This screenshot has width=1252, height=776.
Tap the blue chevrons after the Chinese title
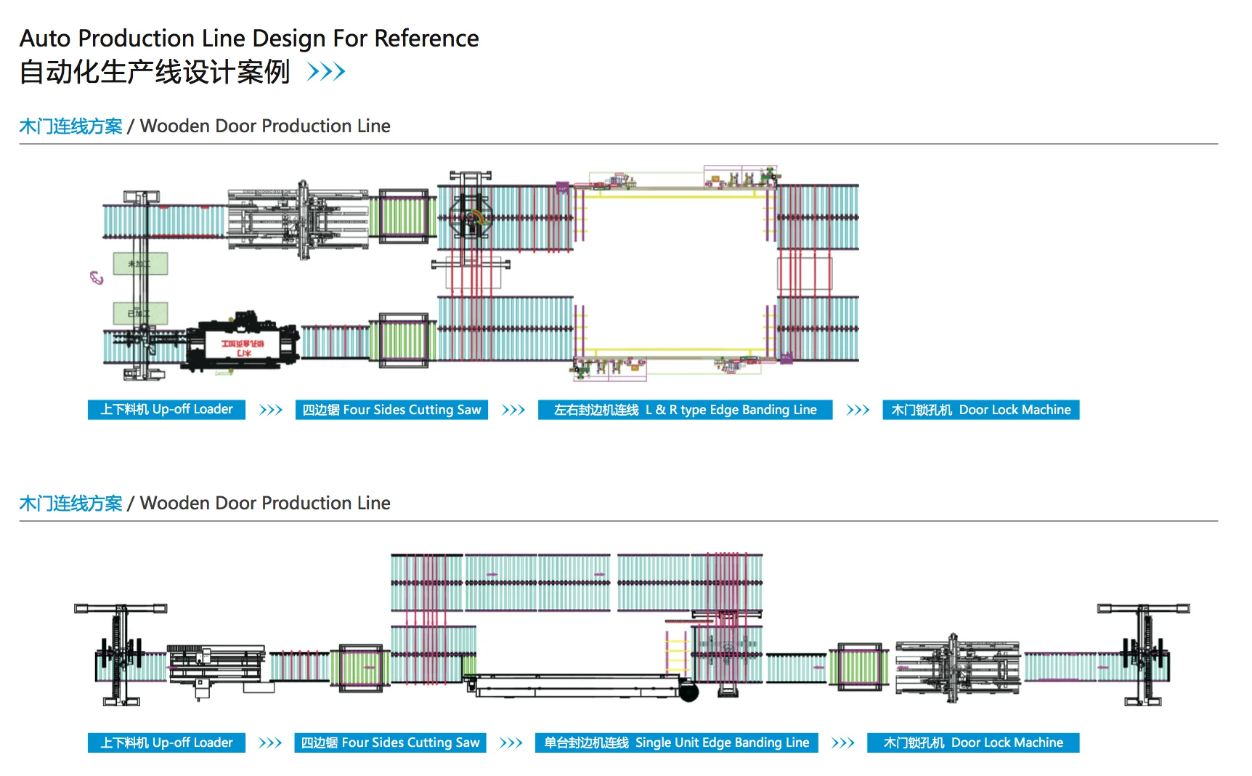coord(326,72)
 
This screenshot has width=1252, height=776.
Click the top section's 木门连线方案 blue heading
coord(70,126)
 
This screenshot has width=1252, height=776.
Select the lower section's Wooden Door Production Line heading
coord(265,503)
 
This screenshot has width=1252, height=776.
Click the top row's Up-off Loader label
coord(166,410)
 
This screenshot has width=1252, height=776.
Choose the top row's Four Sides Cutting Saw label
coord(391,410)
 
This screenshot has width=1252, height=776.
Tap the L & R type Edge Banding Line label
coord(685,410)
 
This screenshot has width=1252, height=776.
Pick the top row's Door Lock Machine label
coord(980,410)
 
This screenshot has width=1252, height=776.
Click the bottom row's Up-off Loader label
coord(166,743)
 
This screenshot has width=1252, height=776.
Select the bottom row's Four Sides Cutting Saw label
coord(390,743)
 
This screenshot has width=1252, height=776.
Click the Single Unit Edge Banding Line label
coord(676,743)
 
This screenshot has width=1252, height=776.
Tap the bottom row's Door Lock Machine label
coord(972,743)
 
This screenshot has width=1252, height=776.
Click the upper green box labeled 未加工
coord(140,263)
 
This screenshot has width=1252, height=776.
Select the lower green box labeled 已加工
coord(140,313)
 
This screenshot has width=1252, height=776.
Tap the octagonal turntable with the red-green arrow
coord(471,216)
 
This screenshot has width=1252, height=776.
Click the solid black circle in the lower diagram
coord(688,692)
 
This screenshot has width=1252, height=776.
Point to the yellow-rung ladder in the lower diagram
coord(677,652)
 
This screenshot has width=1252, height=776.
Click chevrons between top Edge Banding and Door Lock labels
coord(858,410)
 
